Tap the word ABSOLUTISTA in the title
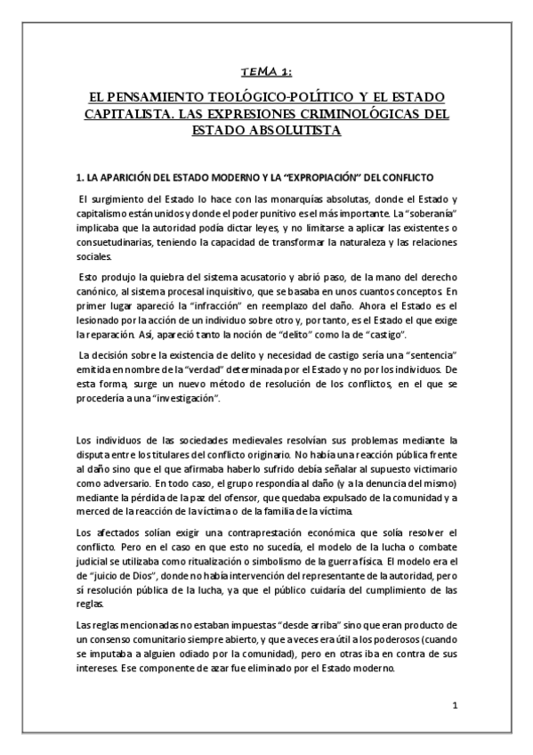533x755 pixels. (x=300, y=130)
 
